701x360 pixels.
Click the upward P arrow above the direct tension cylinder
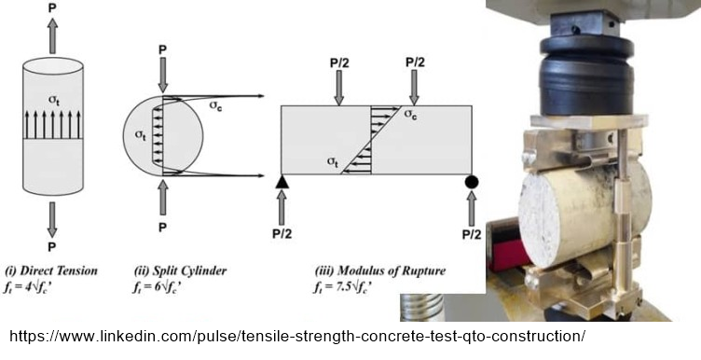pyautogui.click(x=52, y=36)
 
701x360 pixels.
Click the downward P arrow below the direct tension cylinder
pyautogui.click(x=52, y=219)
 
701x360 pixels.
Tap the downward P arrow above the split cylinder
pyautogui.click(x=163, y=75)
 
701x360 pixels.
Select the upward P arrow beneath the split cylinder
pyautogui.click(x=163, y=197)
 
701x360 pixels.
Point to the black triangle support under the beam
pyautogui.click(x=282, y=181)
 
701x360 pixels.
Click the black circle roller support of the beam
pyautogui.click(x=472, y=182)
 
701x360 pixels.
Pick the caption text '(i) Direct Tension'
pyautogui.click(x=51, y=270)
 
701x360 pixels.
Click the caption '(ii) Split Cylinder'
pyautogui.click(x=181, y=270)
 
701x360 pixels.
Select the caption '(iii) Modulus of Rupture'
pyautogui.click(x=380, y=270)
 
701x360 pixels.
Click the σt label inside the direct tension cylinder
pyautogui.click(x=54, y=102)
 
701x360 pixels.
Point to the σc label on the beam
pyautogui.click(x=411, y=114)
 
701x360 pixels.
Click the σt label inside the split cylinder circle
pyautogui.click(x=141, y=135)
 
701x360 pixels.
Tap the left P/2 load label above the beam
pyautogui.click(x=339, y=63)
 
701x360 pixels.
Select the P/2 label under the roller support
pyautogui.click(x=472, y=234)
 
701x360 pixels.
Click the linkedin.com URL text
pyautogui.click(x=297, y=336)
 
